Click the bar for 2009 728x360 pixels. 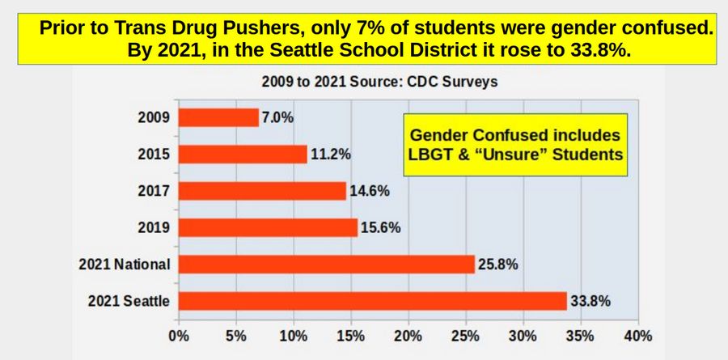[218, 117]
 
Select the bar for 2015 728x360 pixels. [243, 154]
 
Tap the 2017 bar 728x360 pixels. [262, 191]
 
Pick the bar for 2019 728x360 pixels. [268, 227]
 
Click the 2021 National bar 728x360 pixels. [326, 264]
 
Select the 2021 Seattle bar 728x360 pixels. [372, 301]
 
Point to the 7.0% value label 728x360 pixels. [277, 117]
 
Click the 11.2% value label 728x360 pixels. [328, 154]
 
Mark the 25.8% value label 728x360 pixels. [497, 264]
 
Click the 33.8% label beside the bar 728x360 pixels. [590, 301]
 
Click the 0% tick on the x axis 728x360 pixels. [178, 335]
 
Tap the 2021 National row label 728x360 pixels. [124, 265]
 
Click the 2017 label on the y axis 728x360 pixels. [154, 191]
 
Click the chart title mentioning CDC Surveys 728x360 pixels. [379, 82]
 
